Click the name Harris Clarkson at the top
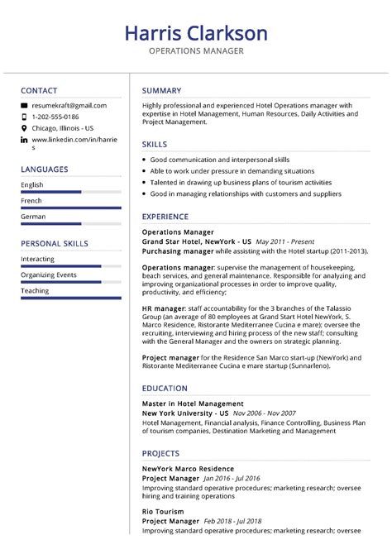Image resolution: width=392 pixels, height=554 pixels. (196, 33)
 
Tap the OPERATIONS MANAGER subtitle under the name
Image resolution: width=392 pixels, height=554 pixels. (196, 51)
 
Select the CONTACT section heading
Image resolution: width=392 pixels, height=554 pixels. (39, 90)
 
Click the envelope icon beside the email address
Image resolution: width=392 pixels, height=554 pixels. (24, 106)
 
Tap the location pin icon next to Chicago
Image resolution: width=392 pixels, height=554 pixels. (24, 129)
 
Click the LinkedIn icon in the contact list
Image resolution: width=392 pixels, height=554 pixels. (24, 141)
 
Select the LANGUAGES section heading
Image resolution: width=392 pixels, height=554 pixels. (45, 170)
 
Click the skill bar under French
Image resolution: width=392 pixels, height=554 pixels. (70, 208)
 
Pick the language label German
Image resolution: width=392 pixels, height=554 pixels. (33, 217)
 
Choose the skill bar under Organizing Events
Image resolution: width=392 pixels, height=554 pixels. (70, 282)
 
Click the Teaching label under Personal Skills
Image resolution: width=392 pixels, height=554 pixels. (35, 291)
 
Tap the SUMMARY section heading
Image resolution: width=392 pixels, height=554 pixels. (161, 90)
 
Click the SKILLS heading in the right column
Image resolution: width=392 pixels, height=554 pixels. (155, 144)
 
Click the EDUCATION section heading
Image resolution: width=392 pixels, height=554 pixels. (165, 387)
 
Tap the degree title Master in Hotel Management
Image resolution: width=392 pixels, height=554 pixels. (193, 404)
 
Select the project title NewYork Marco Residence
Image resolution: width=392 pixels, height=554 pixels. (188, 469)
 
